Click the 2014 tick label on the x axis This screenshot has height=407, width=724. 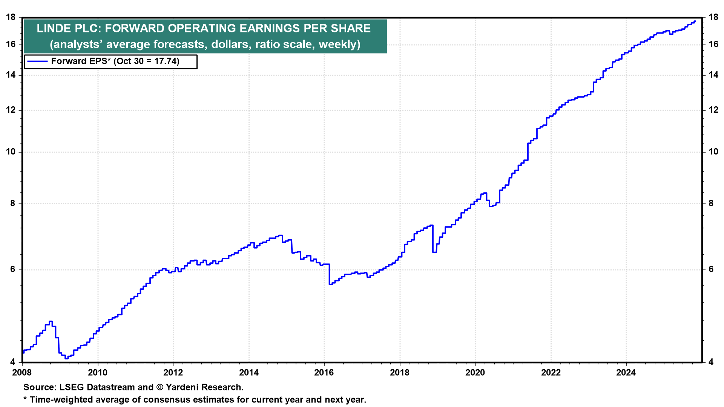point(248,373)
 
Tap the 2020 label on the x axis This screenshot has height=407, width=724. point(475,373)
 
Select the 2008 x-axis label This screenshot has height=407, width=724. point(22,373)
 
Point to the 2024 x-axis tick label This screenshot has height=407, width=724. point(626,373)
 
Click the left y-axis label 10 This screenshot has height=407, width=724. point(11,152)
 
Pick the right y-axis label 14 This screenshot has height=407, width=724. point(713,75)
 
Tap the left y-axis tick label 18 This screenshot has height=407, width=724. point(11,17)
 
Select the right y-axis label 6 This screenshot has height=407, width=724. point(711,269)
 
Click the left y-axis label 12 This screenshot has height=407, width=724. point(11,110)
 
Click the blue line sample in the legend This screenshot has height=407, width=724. point(37,61)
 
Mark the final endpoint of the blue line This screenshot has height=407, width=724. point(695,21)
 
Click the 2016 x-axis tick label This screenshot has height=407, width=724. point(324,373)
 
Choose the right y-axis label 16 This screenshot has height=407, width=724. point(713,44)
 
